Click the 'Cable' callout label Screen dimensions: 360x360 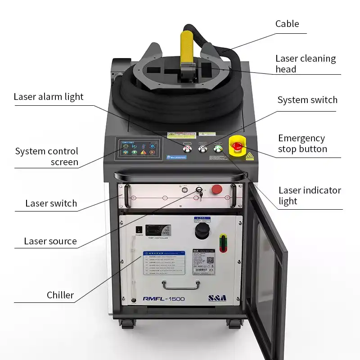pyautogui.click(x=287, y=24)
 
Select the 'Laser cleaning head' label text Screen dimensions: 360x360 pyautogui.click(x=306, y=63)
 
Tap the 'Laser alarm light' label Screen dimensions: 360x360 pyautogui.click(x=49, y=97)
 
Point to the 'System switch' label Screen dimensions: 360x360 pyautogui.click(x=307, y=100)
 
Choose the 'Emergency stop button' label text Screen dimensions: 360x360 pyautogui.click(x=302, y=144)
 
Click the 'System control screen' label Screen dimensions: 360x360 pyautogui.click(x=47, y=157)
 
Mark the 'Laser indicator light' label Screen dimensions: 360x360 pyautogui.click(x=310, y=196)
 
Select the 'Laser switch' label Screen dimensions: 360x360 pyautogui.click(x=51, y=203)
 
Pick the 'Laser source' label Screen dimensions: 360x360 pyautogui.click(x=50, y=241)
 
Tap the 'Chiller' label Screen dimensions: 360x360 pyautogui.click(x=60, y=295)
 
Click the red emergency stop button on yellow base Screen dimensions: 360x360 pyautogui.click(x=237, y=145)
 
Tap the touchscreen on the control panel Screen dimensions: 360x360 pyautogui.click(x=138, y=148)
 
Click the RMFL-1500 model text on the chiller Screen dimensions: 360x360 pyautogui.click(x=163, y=298)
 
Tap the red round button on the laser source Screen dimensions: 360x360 pyautogui.click(x=217, y=189)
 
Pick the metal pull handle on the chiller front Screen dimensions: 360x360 pyautogui.click(x=181, y=284)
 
